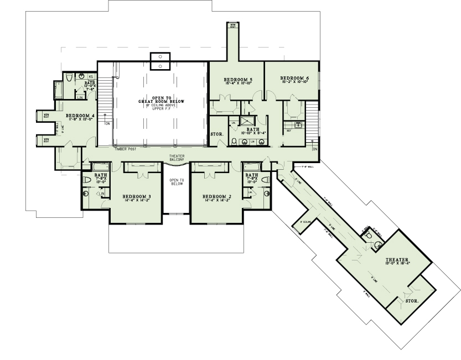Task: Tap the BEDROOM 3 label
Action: point(137,197)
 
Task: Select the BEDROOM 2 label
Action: point(216,197)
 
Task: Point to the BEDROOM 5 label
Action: point(238,80)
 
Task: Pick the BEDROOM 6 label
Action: point(294,78)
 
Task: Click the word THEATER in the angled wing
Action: point(397,259)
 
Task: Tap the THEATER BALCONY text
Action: point(177,158)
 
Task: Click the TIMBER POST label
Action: point(121,149)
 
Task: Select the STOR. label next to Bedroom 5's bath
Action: point(216,134)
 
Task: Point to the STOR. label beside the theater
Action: point(412,301)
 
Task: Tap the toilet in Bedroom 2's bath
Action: point(264,180)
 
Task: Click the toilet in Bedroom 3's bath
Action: point(86,180)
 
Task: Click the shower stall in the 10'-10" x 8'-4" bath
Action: point(250,122)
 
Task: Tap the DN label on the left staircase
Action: point(107,124)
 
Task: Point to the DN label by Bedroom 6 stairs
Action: point(314,149)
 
